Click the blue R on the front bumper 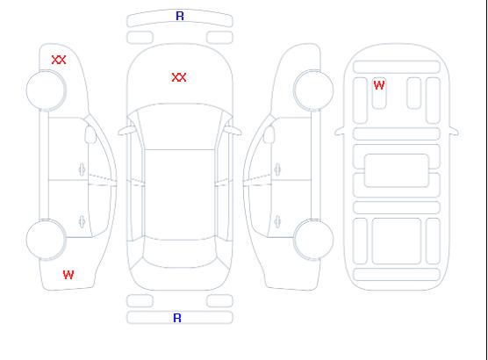tap(180, 16)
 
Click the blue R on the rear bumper tap(177, 318)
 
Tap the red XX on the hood tap(179, 77)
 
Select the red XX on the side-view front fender tap(59, 60)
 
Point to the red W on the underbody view tap(379, 85)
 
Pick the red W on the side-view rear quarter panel tap(68, 275)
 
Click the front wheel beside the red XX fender tap(46, 90)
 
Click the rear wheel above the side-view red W tap(46, 240)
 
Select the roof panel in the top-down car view tap(180, 195)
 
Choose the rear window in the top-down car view tap(180, 252)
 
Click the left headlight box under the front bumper tap(140, 38)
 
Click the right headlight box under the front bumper tap(219, 38)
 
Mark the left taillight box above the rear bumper tap(140, 301)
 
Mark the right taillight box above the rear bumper tap(219, 301)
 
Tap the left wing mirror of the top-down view tap(126, 131)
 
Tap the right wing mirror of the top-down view tap(233, 131)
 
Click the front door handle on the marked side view tap(83, 169)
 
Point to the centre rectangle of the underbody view tap(397, 170)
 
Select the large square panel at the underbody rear tap(397, 241)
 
